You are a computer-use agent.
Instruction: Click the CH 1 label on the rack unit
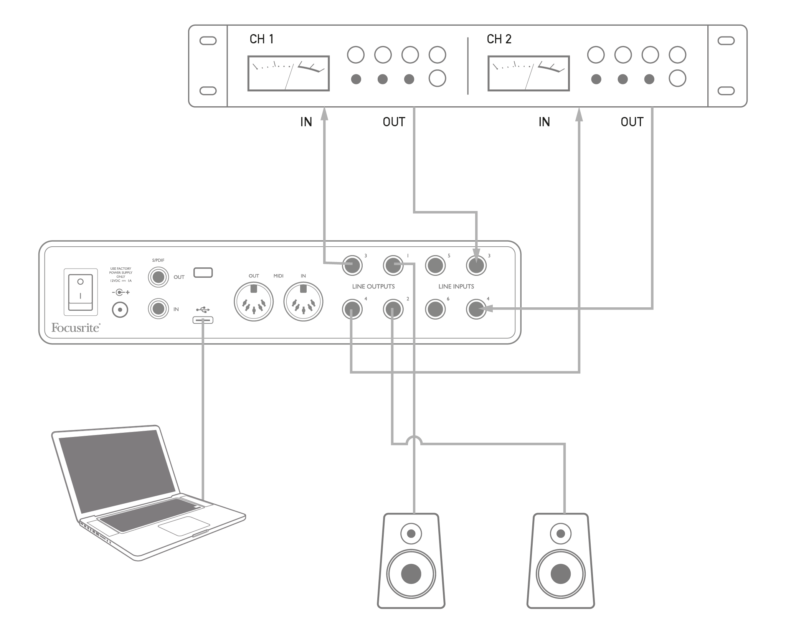(x=261, y=39)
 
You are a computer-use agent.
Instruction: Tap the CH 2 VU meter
(x=528, y=73)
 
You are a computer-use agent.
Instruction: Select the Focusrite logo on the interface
(x=76, y=328)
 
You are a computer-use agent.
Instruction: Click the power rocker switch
(x=81, y=292)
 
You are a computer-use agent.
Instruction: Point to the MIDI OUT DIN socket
(x=254, y=302)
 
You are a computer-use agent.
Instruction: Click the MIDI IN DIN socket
(x=303, y=302)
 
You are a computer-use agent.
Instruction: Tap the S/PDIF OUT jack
(x=159, y=277)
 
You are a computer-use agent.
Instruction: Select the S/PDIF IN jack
(x=159, y=308)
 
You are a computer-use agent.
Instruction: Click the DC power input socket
(x=120, y=310)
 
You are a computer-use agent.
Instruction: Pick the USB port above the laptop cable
(x=203, y=320)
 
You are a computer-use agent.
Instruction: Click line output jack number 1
(x=393, y=265)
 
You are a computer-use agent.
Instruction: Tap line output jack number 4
(x=352, y=309)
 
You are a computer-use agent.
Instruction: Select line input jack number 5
(x=435, y=265)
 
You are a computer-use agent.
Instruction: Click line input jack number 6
(x=435, y=309)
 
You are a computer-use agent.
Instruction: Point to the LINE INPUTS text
(x=456, y=287)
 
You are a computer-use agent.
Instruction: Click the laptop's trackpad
(x=184, y=526)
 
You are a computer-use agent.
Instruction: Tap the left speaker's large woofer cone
(x=411, y=574)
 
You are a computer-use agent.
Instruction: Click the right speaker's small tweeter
(x=561, y=533)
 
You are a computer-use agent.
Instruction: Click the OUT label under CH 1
(x=394, y=122)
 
